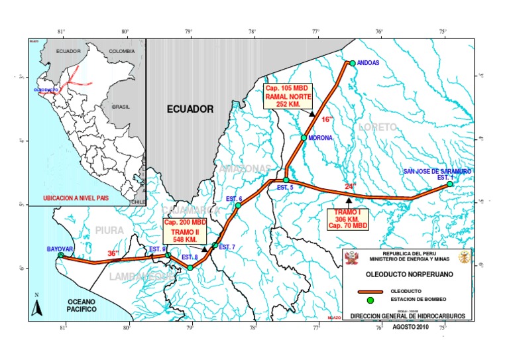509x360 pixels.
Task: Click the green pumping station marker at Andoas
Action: coord(353,63)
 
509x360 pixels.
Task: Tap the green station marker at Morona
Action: coord(304,138)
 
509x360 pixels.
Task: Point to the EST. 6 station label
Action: coord(234,199)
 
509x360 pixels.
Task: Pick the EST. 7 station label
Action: coord(227,247)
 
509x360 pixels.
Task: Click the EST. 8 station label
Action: coord(190,257)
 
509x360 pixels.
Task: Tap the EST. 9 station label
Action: coord(157,249)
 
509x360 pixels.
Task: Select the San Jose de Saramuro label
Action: coord(437,171)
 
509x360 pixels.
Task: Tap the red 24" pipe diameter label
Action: coord(350,187)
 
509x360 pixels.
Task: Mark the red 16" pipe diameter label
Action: coord(326,119)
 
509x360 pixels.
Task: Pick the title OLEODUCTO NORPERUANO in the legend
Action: coord(406,273)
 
